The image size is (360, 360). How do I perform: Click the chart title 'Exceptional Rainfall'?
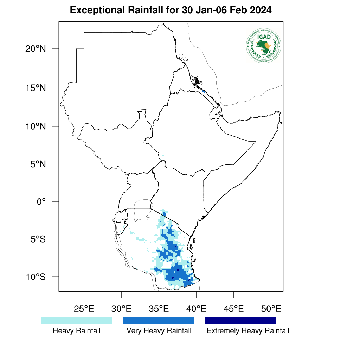click(171, 11)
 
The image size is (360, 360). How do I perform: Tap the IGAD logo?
click(264, 45)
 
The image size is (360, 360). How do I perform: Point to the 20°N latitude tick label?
click(36, 49)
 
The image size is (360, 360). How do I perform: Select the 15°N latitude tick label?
click(36, 88)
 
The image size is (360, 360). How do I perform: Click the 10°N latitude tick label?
click(36, 126)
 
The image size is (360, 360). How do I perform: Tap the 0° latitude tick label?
click(42, 202)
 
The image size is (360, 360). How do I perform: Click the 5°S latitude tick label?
click(38, 239)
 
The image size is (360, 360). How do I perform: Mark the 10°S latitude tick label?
click(36, 277)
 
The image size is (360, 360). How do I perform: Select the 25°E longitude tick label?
click(84, 309)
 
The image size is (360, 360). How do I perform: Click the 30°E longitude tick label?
click(121, 309)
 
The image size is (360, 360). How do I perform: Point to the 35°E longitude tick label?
click(159, 309)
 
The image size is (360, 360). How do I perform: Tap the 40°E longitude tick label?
click(196, 309)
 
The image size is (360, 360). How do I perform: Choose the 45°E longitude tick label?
click(233, 309)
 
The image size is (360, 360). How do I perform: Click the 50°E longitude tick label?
click(271, 309)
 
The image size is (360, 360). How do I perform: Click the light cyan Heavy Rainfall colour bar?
click(76, 320)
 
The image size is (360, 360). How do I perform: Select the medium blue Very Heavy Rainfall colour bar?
click(158, 320)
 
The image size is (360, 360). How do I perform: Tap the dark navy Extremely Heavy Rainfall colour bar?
click(240, 320)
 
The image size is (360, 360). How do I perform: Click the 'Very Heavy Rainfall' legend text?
click(159, 331)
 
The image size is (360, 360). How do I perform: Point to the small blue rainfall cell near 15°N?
click(204, 92)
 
